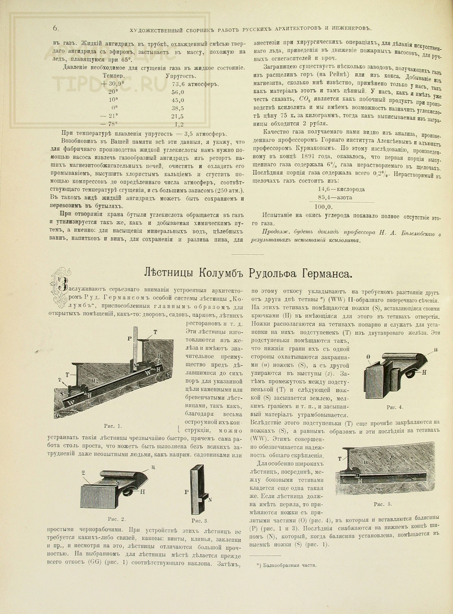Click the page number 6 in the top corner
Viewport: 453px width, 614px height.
(55, 28)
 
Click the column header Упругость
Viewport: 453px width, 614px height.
(179, 76)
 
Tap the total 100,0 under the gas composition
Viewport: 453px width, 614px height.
(324, 207)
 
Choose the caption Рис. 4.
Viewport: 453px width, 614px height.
(395, 407)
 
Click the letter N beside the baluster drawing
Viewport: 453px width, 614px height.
(210, 500)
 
